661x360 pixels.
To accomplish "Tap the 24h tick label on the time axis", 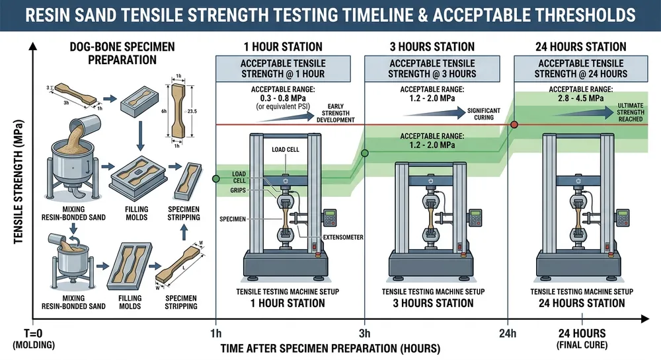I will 507,332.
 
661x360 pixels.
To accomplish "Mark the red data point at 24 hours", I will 514,124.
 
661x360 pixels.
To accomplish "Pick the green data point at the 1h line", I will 215,178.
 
